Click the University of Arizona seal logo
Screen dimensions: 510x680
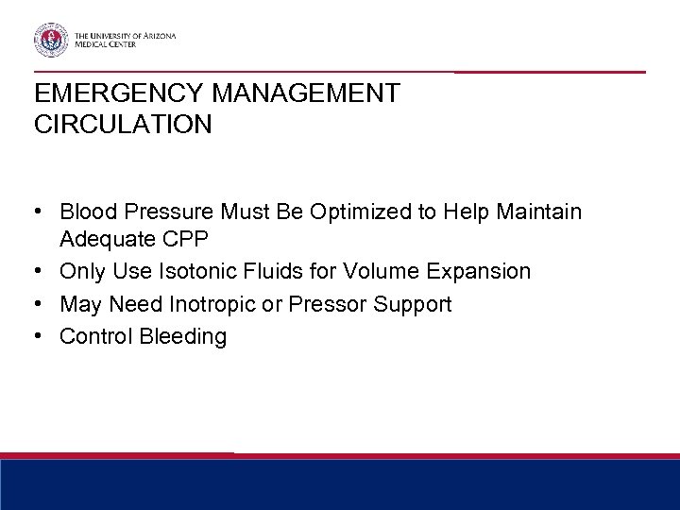click(x=53, y=41)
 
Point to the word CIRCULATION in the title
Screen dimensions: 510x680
click(x=122, y=124)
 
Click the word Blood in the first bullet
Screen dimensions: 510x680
click(x=86, y=211)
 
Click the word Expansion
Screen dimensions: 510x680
click(x=478, y=272)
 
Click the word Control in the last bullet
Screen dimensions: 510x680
click(x=93, y=336)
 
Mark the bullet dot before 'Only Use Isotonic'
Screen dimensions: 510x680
click(x=41, y=272)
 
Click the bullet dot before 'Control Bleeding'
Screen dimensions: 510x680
click(x=41, y=336)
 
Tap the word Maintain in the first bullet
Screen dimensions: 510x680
click(x=546, y=211)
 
